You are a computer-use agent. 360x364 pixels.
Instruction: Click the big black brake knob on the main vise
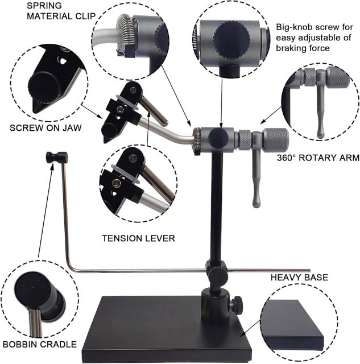pyautogui.click(x=217, y=136)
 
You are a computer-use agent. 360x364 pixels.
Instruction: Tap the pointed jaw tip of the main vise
pyautogui.click(x=106, y=140)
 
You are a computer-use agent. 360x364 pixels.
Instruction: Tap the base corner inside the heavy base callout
pyautogui.click(x=318, y=341)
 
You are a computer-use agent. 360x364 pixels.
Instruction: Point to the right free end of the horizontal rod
pyautogui.click(x=308, y=270)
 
